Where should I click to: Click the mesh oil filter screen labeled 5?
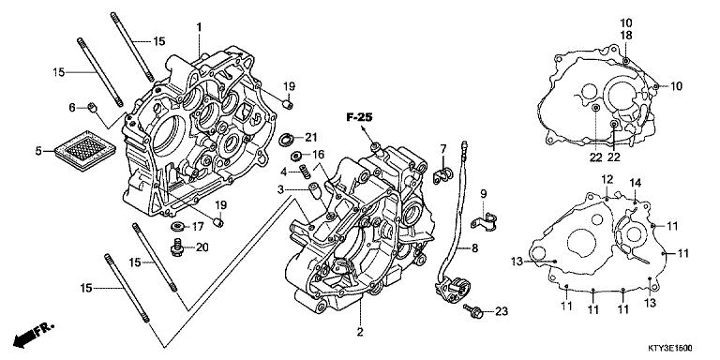(86, 150)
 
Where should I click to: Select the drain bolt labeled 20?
(177, 247)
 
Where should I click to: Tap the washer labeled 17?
(177, 226)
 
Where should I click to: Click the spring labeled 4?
(305, 172)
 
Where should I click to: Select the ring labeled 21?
(287, 139)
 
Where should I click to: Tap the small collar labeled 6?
(93, 108)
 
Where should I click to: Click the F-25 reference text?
(359, 118)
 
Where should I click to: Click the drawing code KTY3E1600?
(670, 349)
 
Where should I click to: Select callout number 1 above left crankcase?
(199, 27)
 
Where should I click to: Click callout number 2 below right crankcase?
(360, 332)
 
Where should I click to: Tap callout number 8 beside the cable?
(474, 248)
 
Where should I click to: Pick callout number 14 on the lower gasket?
(635, 183)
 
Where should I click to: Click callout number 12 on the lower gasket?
(607, 179)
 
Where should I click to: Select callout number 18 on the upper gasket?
(626, 36)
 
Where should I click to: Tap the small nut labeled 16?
(295, 154)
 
